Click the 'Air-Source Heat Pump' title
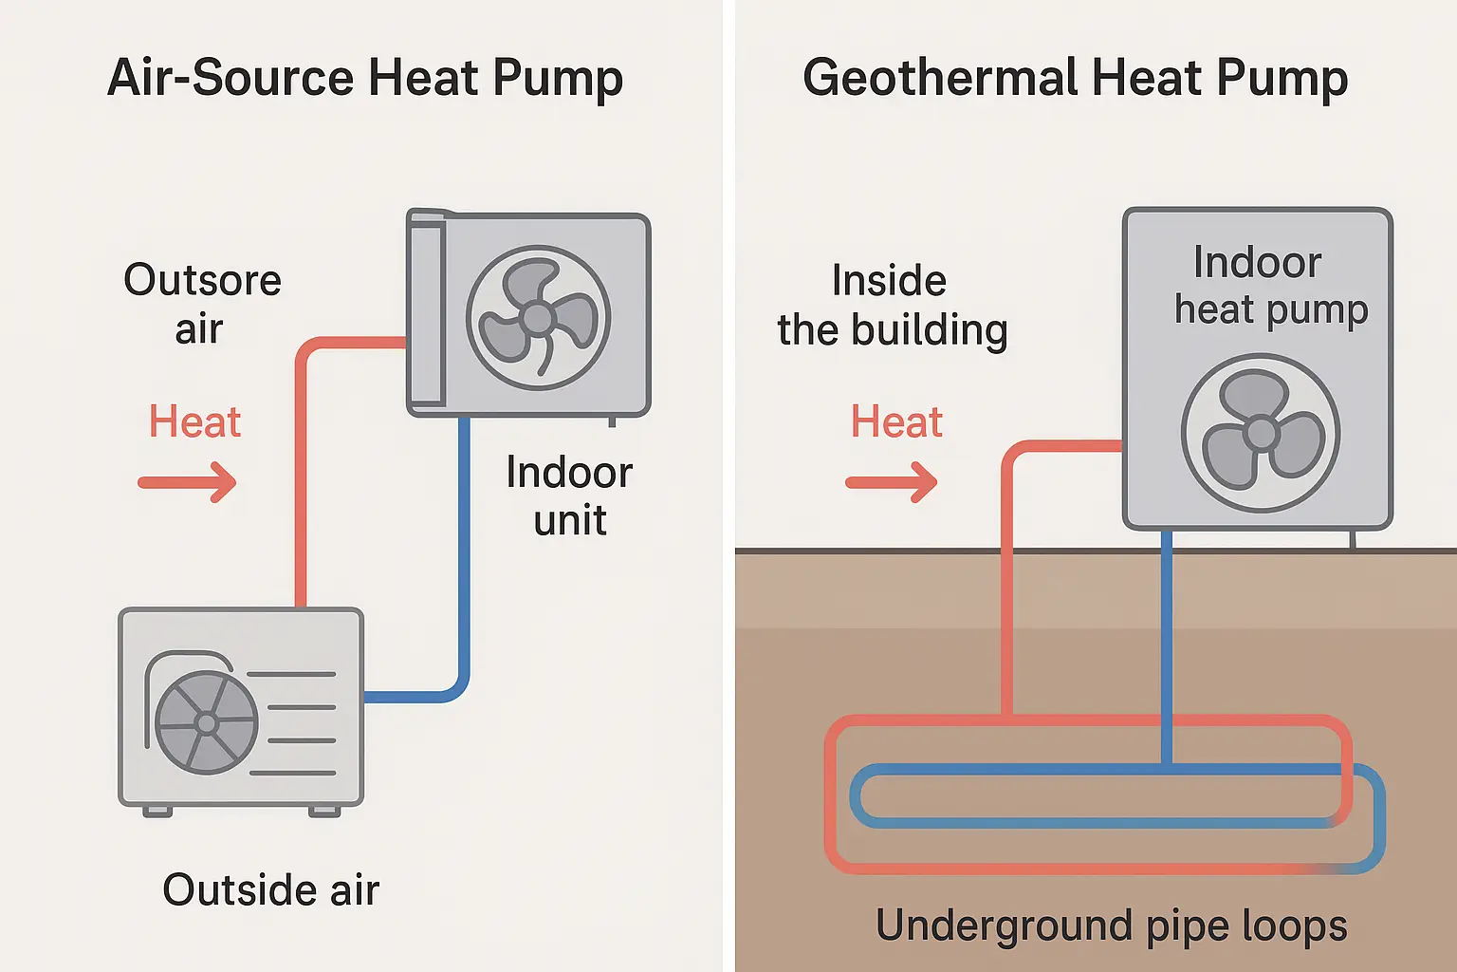click(365, 78)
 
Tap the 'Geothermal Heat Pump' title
click(1075, 78)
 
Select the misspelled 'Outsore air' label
click(202, 304)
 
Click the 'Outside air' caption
click(270, 890)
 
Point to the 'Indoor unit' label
click(569, 495)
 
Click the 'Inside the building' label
click(892, 306)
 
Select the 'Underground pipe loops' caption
click(1111, 925)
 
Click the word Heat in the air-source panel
click(194, 421)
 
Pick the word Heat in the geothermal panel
click(896, 421)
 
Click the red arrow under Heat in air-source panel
click(188, 482)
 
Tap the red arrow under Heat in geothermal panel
click(892, 482)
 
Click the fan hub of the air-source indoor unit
click(538, 318)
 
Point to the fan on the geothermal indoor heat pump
click(1261, 434)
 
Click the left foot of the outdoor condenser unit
click(157, 812)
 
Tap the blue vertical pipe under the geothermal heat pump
click(1167, 645)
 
